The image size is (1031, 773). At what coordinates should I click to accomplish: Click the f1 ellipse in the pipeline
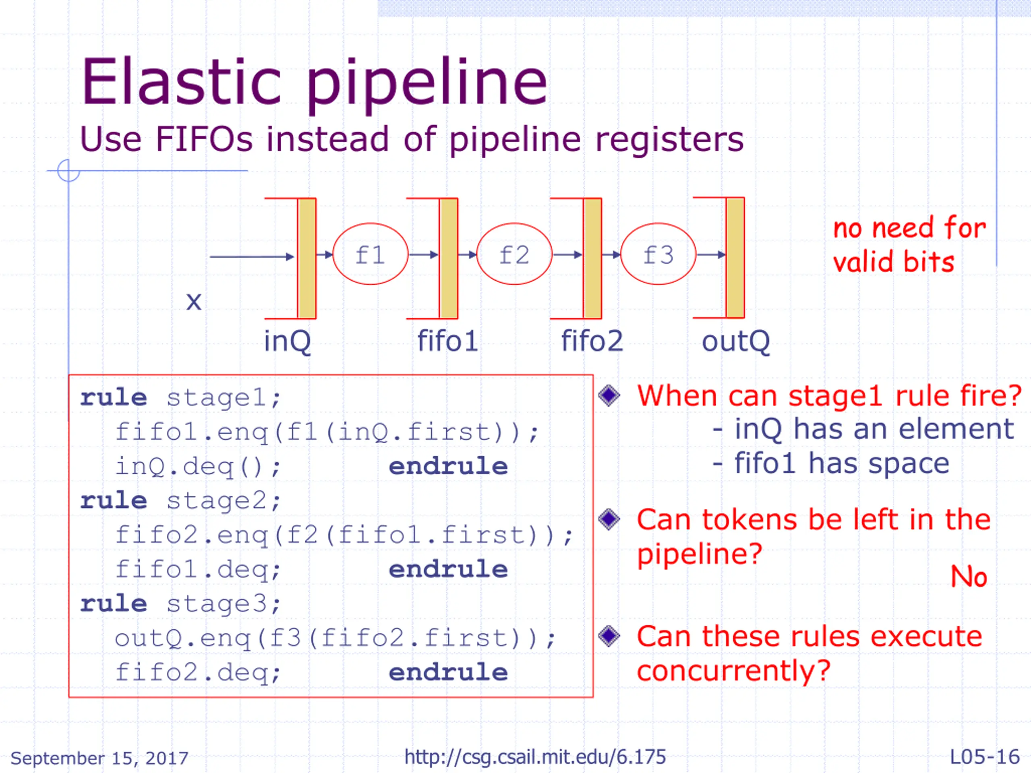(370, 254)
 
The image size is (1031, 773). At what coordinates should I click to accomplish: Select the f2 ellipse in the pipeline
(514, 254)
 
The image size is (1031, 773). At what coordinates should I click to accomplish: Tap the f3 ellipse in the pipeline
(658, 254)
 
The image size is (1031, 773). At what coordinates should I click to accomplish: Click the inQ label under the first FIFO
(287, 341)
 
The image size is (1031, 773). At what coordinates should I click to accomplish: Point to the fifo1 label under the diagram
(447, 341)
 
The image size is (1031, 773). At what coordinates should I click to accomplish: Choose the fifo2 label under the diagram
(592, 341)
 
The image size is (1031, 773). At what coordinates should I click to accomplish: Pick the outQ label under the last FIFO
(735, 341)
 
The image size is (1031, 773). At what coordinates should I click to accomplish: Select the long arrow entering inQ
(252, 256)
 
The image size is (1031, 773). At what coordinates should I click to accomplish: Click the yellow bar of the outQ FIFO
(735, 258)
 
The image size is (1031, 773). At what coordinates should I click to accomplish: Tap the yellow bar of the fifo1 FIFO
(448, 258)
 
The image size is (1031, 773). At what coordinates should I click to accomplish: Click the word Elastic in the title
(182, 83)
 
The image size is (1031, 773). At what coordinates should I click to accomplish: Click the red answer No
(969, 577)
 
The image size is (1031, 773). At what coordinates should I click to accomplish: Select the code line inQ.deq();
(198, 466)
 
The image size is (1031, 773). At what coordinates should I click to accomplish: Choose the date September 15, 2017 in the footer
(99, 758)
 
